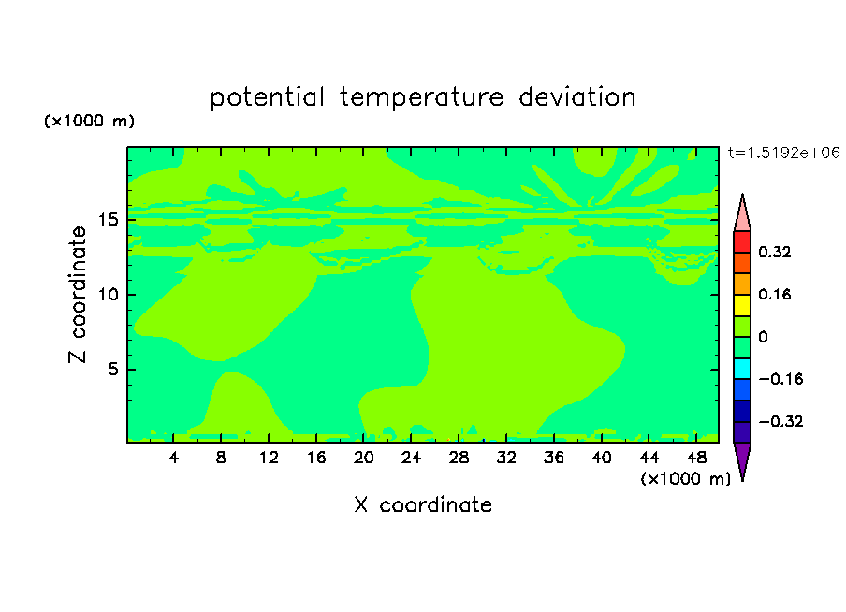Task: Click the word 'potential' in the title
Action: click(x=267, y=98)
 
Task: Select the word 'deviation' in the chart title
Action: click(x=577, y=97)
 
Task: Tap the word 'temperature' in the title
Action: click(x=422, y=98)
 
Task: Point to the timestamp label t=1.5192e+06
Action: click(x=783, y=153)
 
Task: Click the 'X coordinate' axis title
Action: click(x=423, y=504)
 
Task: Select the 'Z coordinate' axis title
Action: click(x=78, y=295)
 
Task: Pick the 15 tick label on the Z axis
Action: click(x=109, y=220)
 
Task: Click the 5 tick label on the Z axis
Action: click(x=112, y=369)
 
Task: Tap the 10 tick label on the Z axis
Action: click(x=109, y=295)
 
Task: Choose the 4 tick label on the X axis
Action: click(x=173, y=458)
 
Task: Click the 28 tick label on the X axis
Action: click(x=459, y=458)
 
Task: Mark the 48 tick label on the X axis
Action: click(x=696, y=458)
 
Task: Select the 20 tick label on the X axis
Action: click(x=364, y=458)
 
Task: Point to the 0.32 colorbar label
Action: click(x=775, y=252)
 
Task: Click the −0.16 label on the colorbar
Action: click(x=780, y=379)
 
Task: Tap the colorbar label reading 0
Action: click(x=763, y=337)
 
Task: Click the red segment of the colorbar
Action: click(x=742, y=241)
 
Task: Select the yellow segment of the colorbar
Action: click(x=742, y=305)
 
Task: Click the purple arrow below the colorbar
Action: click(x=742, y=459)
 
